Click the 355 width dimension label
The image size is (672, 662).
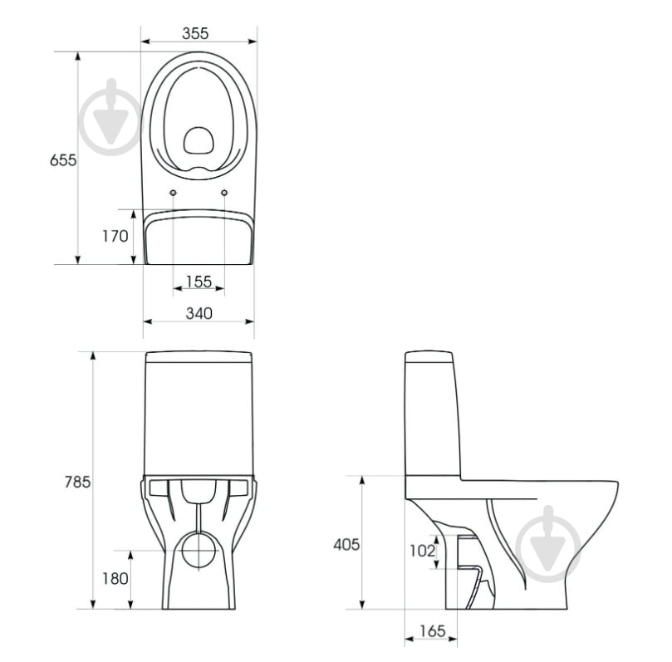pos(195,33)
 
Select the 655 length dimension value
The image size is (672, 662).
pos(63,160)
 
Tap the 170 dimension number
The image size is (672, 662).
pos(115,236)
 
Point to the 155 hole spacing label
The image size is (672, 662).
pos(199,282)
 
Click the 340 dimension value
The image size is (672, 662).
pos(199,314)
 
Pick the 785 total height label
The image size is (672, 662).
pos(77,482)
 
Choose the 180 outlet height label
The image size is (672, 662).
pos(115,579)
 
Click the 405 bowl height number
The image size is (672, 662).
pos(346,545)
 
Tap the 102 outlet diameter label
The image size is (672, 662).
pos(423,551)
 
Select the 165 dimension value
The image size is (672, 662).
pos(433,631)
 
